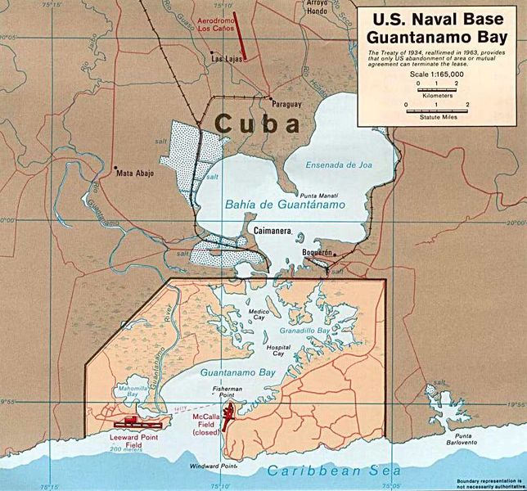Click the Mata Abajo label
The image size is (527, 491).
point(135,173)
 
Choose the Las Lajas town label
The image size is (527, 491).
point(226,60)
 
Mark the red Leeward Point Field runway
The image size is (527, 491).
point(137,423)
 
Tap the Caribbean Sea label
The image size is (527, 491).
point(338,472)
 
